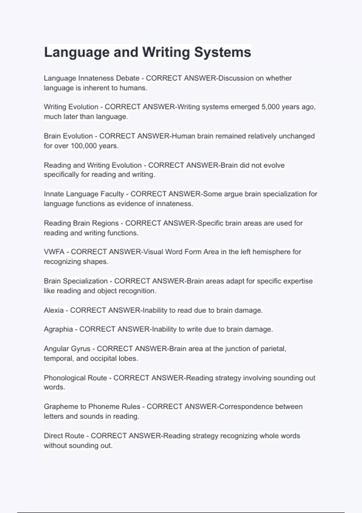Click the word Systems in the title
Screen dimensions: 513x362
point(222,52)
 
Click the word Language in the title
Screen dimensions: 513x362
point(76,52)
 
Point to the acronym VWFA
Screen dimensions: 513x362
point(54,252)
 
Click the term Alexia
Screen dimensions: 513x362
point(54,310)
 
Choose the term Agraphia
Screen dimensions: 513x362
point(58,329)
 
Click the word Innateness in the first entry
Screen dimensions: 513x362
point(96,78)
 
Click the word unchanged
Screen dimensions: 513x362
point(297,136)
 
